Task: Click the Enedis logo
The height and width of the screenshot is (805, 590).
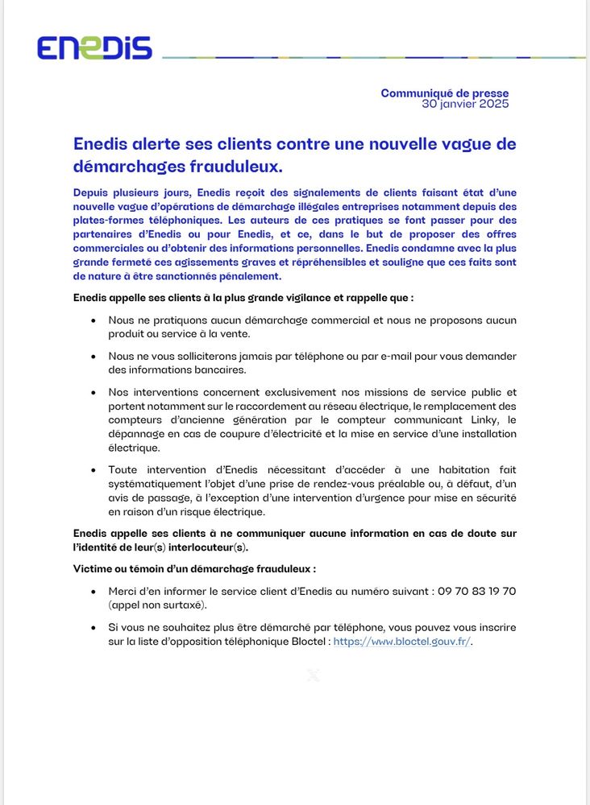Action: pyautogui.click(x=94, y=48)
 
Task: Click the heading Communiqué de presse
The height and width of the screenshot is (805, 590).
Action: pyautogui.click(x=445, y=93)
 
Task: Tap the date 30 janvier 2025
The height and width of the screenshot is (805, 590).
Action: pyautogui.click(x=466, y=104)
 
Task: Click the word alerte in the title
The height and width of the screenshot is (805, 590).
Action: pyautogui.click(x=158, y=144)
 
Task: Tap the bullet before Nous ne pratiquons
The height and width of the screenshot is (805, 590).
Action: pyautogui.click(x=94, y=320)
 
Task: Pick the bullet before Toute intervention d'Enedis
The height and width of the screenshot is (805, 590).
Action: pyautogui.click(x=94, y=470)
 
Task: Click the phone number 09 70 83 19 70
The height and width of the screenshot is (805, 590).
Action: pyautogui.click(x=477, y=591)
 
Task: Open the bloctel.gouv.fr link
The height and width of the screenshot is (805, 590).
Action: pyautogui.click(x=401, y=642)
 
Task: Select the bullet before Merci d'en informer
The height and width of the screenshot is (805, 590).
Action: pyautogui.click(x=94, y=592)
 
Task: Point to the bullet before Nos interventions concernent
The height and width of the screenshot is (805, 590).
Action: pyautogui.click(x=94, y=392)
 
